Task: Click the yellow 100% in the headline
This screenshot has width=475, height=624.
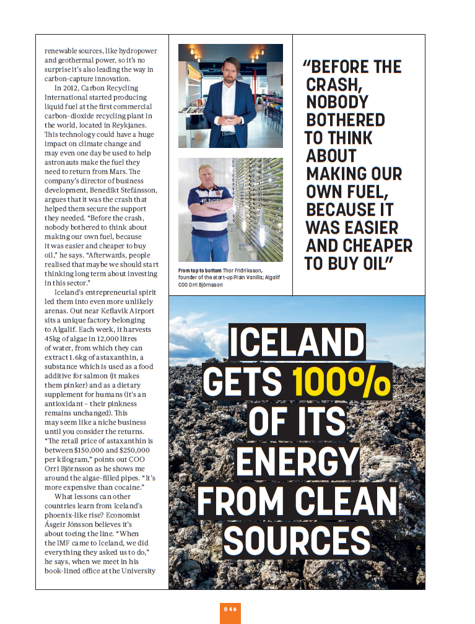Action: pyautogui.click(x=341, y=382)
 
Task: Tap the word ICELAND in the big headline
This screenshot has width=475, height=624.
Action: pyautogui.click(x=297, y=342)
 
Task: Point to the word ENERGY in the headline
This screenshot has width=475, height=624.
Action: pyautogui.click(x=297, y=461)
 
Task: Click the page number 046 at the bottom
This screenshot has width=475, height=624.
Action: pyautogui.click(x=230, y=609)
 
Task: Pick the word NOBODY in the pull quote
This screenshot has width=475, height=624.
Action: pyautogui.click(x=337, y=102)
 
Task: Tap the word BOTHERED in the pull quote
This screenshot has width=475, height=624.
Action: pyautogui.click(x=346, y=120)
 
